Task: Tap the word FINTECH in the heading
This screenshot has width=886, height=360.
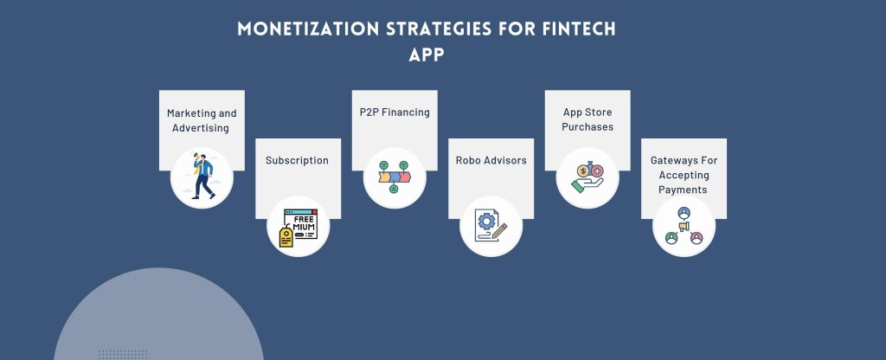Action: coord(579,29)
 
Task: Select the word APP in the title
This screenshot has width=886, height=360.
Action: coord(427,55)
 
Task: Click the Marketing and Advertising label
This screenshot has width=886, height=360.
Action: coord(202,120)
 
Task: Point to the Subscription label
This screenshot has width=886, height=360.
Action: coord(298,160)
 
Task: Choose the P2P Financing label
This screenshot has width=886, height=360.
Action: coord(395,112)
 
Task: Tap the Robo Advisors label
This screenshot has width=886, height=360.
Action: coord(491,160)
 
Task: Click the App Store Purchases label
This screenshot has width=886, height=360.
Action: coord(587,119)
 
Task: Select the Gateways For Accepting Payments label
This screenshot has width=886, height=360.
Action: coord(684,175)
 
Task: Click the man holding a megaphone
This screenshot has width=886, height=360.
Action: coord(202,176)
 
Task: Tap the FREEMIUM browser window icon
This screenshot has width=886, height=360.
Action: coord(300,224)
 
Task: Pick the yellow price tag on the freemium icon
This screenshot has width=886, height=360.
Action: coord(286,236)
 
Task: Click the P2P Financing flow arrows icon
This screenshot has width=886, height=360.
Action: coord(395,177)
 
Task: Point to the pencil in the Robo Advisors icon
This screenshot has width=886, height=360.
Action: coord(499,230)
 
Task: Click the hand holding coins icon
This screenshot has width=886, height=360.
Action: coord(587,177)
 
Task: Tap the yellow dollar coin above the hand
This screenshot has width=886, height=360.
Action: coord(583,170)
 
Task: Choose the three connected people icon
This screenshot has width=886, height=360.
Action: coord(684,226)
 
